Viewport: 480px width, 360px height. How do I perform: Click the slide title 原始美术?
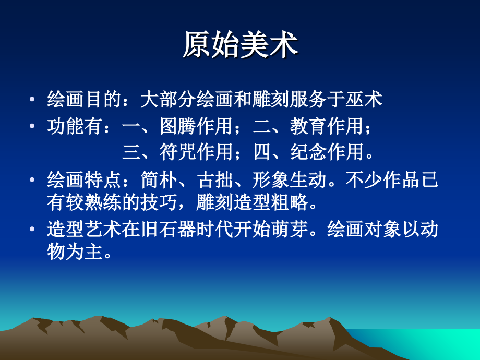coord(240,45)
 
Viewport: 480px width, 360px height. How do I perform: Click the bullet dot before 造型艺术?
coord(33,230)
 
